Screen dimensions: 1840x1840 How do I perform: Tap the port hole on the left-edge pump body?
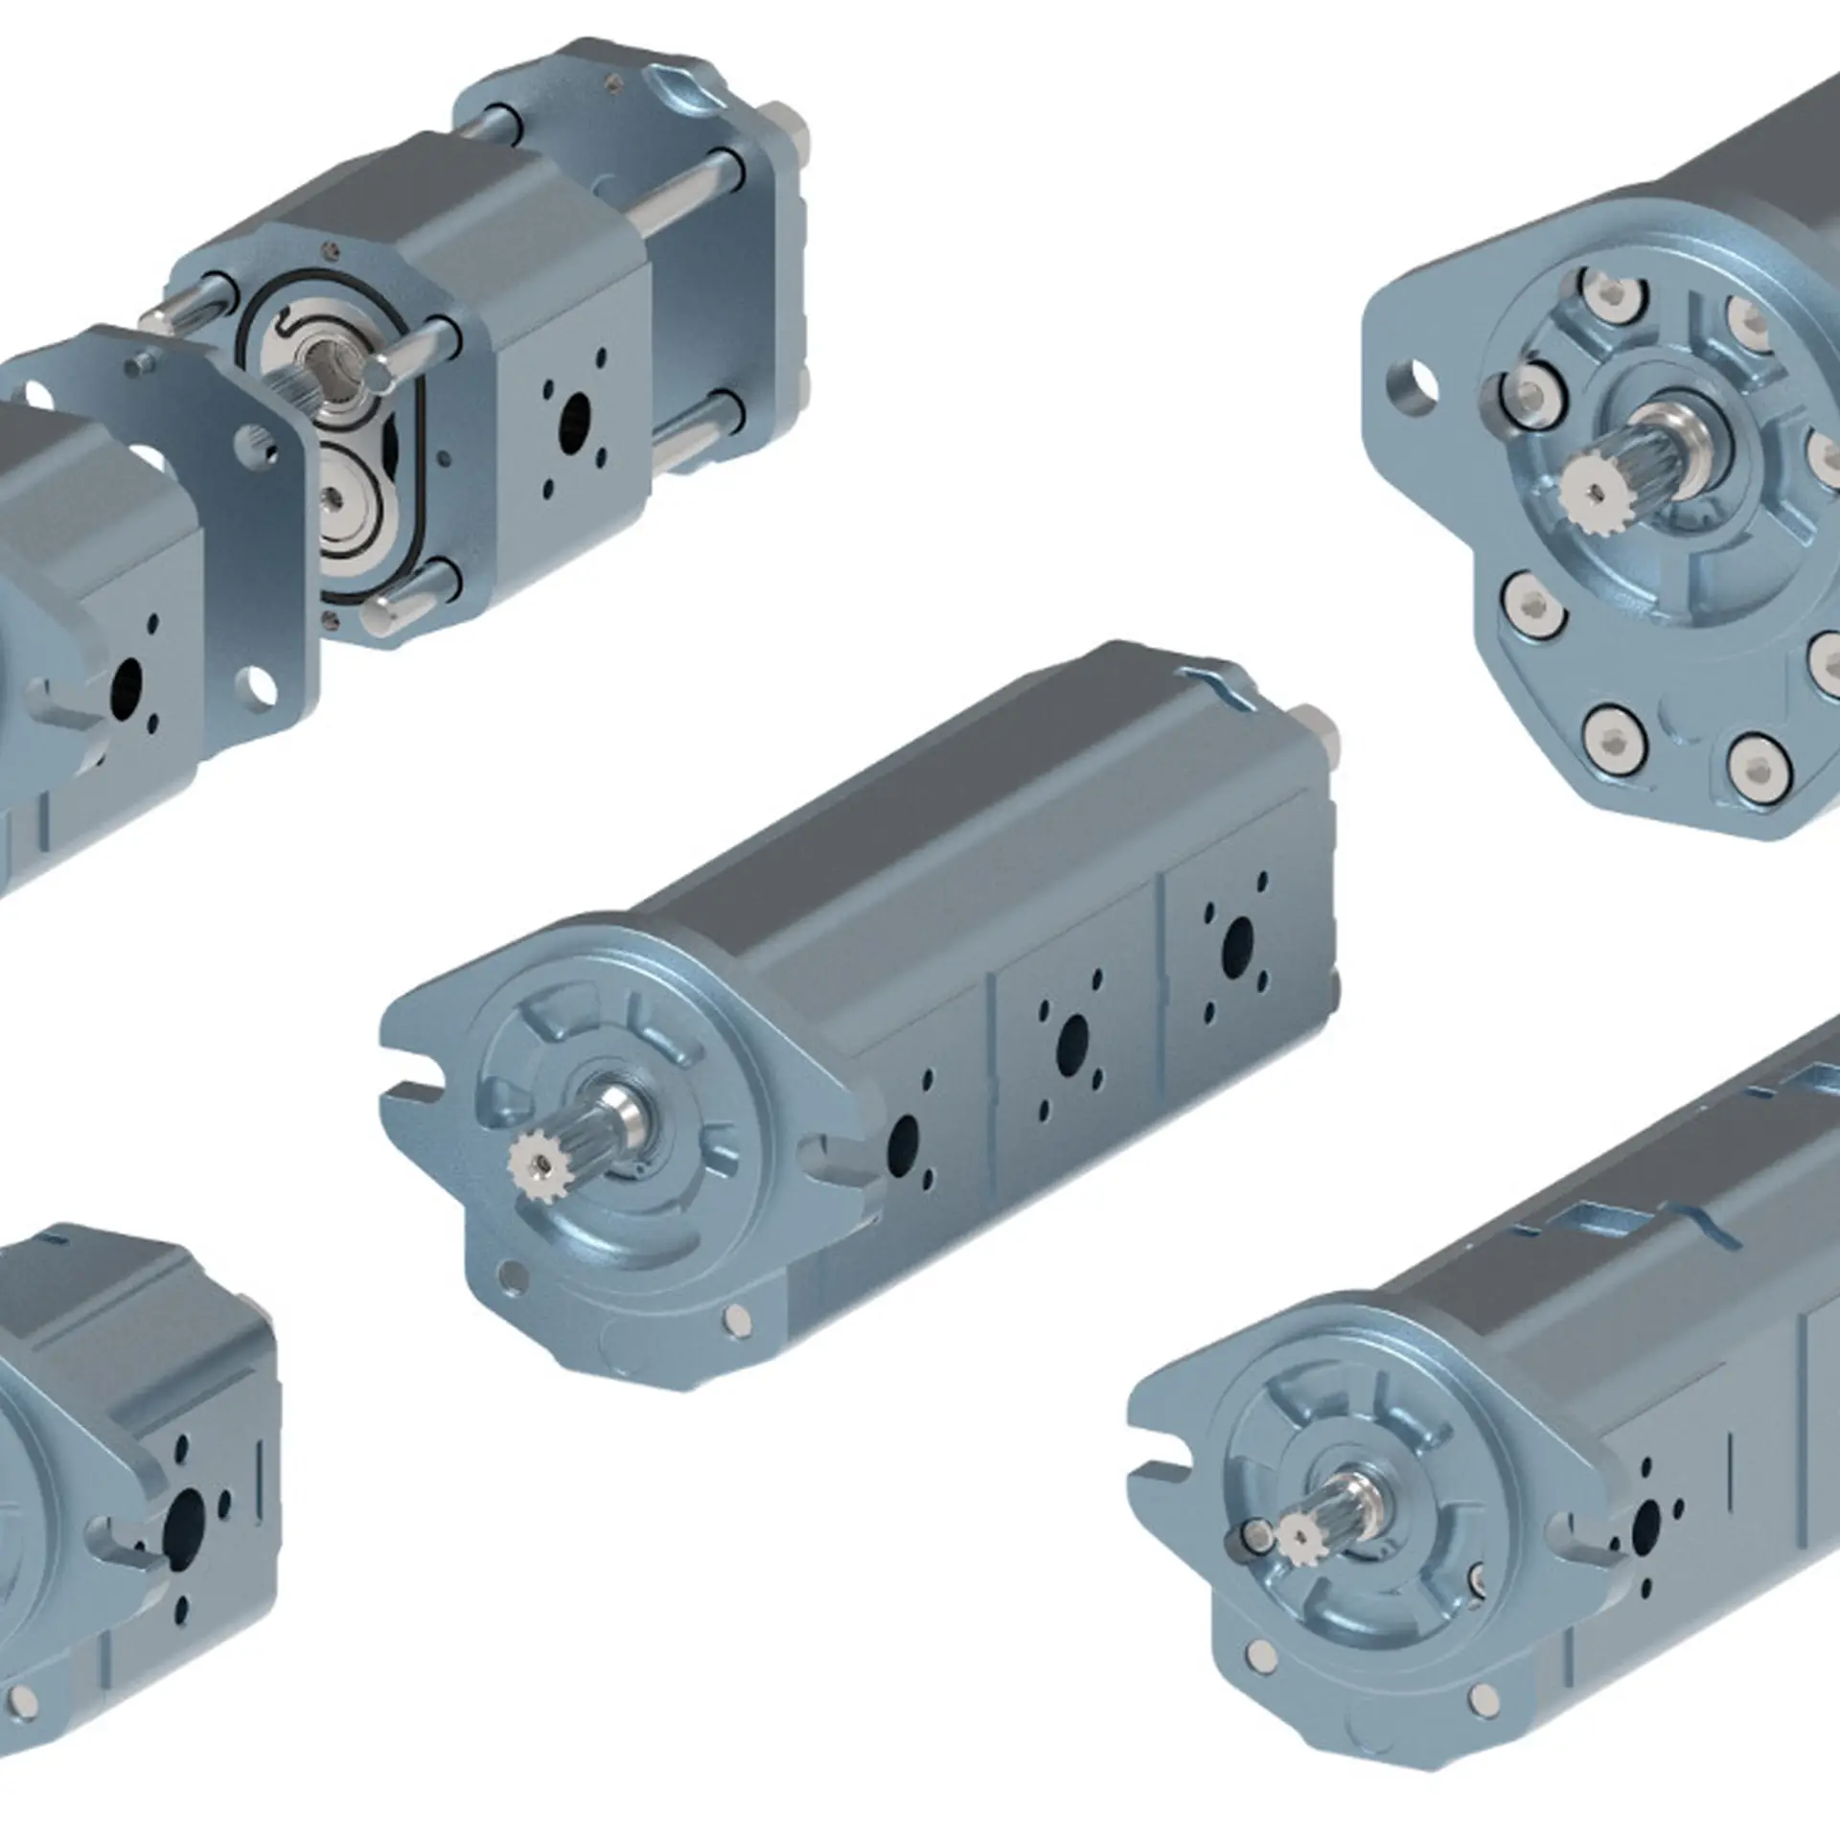(126, 682)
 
